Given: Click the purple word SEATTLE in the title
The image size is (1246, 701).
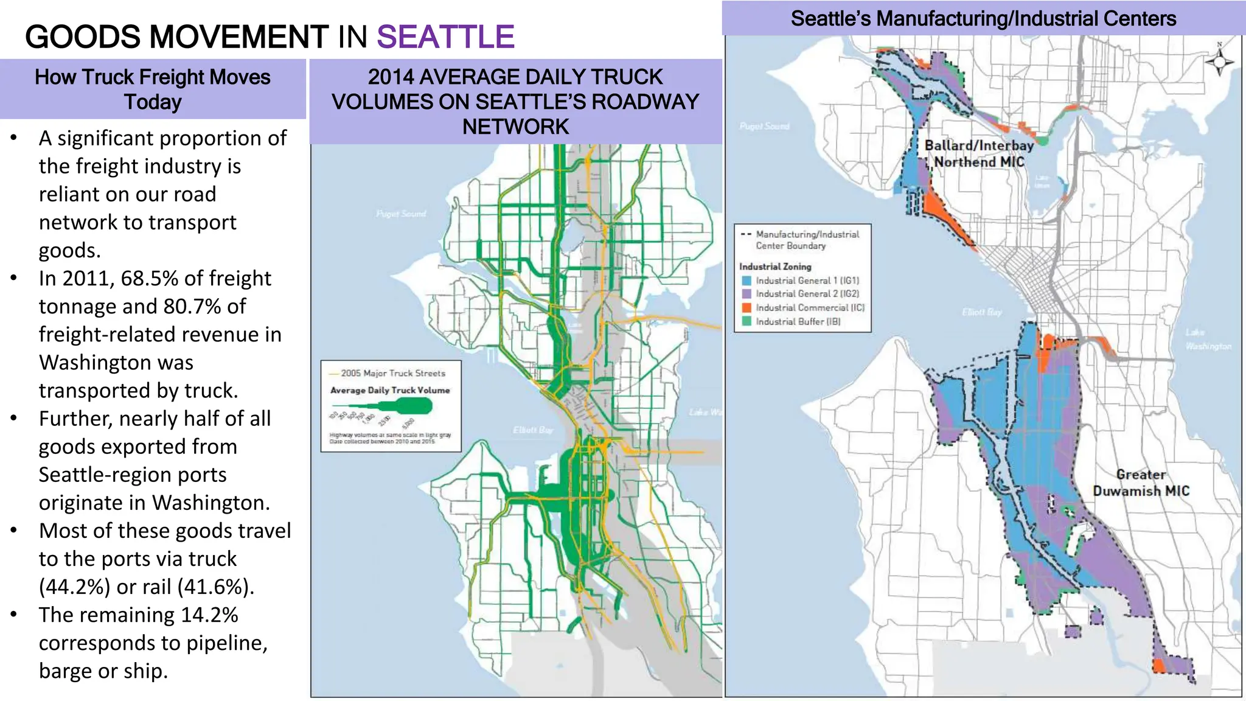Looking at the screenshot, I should pos(445,37).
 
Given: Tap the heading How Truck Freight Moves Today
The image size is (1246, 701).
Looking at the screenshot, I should pos(153,89).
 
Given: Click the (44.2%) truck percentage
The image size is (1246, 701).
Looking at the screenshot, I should pos(75,587).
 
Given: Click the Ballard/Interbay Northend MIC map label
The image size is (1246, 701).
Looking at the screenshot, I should pos(979,153).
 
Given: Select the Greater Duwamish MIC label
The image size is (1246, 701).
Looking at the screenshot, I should pos(1141,483).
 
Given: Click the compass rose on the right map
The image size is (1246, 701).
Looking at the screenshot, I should pos(1219,62).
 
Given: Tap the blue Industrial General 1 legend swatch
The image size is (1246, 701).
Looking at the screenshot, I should pos(747,281).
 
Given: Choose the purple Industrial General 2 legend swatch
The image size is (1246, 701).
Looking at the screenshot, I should pos(747,295).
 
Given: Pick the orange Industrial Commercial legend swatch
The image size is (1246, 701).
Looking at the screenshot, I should pos(747,308).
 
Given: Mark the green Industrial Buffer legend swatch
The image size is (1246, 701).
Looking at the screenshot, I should pos(747,321).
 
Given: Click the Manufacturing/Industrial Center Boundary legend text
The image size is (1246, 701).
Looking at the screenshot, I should pos(807,240).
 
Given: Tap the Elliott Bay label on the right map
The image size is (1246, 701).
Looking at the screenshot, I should pos(981,312).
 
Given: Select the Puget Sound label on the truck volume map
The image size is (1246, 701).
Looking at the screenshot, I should pos(401,214).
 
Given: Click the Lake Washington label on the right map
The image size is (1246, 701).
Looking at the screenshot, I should pos(1207,340).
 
